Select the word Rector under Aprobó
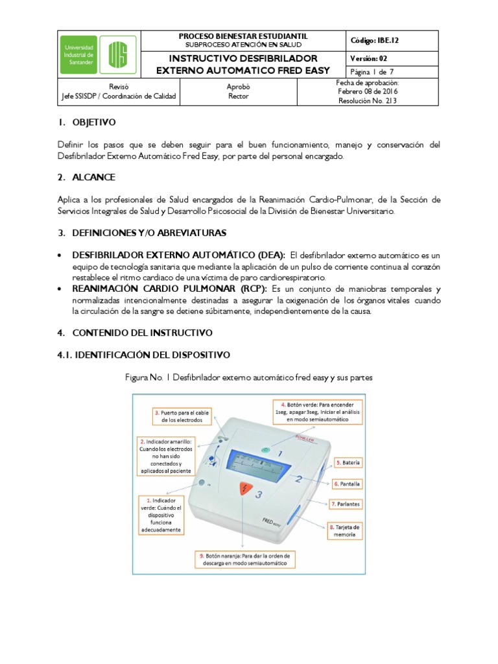[x=238, y=97]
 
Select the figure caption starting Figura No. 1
[x=248, y=377]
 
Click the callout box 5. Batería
[x=348, y=463]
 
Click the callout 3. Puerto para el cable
[x=182, y=416]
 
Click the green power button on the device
[x=265, y=449]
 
